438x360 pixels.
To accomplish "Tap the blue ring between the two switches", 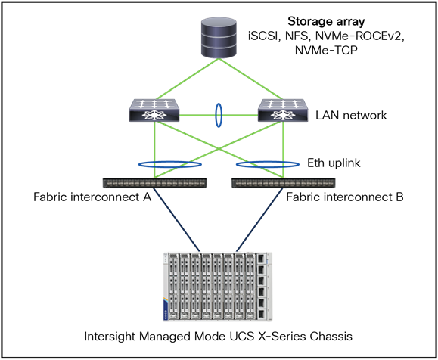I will [217, 116].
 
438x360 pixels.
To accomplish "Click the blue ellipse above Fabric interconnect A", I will [169, 163].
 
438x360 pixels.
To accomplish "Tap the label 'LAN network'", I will [351, 115].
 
